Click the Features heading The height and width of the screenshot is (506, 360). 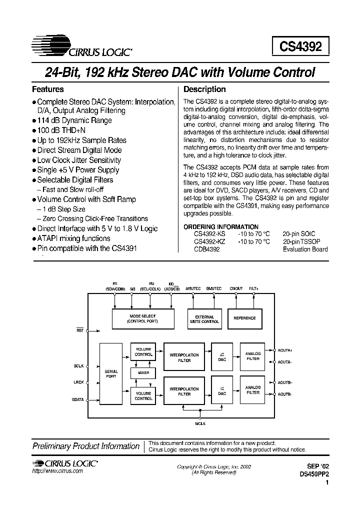coord(48,89)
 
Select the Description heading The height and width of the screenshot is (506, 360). coord(205,89)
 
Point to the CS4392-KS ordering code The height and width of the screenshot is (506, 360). coord(209,234)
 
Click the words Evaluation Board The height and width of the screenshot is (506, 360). coord(305,248)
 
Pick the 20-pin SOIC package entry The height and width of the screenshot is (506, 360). coord(299,234)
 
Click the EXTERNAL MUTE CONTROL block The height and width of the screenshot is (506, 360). coord(204,319)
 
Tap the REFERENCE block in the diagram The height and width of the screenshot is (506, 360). coord(245,318)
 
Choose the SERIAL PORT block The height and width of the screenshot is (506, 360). coord(111,374)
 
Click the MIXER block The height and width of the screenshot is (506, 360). coord(143,373)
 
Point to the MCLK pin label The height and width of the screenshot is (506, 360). coord(200,423)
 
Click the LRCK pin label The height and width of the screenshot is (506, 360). coord(78,383)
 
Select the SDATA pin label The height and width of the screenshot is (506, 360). coord(78,399)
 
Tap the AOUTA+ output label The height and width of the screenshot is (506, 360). coord(285,350)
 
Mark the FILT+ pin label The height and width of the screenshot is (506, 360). coord(253,289)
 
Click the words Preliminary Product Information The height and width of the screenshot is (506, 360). coord(85,446)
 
